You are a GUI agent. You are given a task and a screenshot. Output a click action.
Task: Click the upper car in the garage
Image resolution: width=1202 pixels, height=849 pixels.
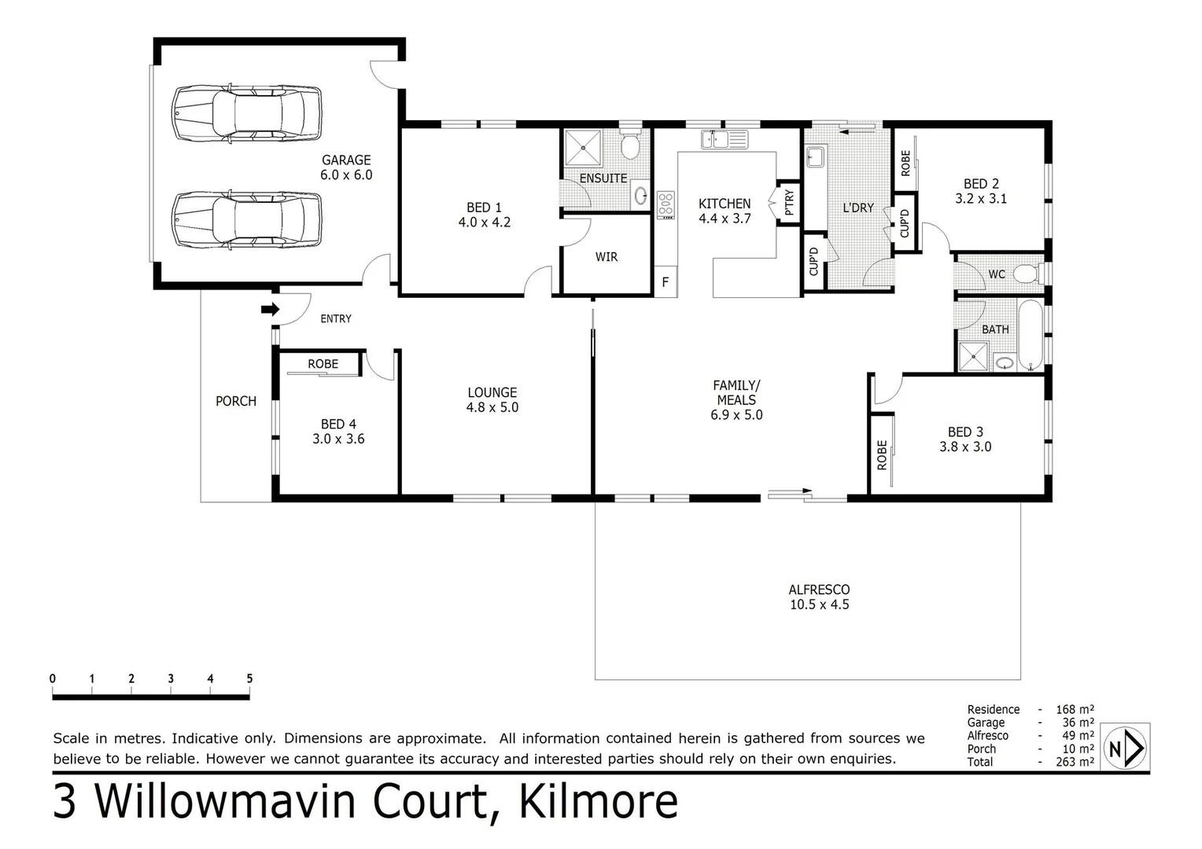(x=246, y=113)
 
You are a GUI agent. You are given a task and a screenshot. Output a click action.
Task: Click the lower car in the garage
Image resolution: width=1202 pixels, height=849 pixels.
(x=246, y=219)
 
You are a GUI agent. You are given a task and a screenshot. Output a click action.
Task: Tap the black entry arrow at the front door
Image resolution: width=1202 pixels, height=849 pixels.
(x=270, y=310)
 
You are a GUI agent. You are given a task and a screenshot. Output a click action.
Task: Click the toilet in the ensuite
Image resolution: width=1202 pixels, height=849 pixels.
(x=629, y=144)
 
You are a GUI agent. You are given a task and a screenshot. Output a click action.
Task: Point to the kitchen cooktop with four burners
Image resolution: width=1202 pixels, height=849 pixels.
(x=666, y=204)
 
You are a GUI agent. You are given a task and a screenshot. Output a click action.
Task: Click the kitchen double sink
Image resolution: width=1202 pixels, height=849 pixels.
(x=725, y=140)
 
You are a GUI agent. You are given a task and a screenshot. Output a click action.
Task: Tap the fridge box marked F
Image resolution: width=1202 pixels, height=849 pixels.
(x=666, y=282)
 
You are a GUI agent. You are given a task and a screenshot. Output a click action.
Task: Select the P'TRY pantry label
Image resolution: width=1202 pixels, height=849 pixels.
(x=789, y=203)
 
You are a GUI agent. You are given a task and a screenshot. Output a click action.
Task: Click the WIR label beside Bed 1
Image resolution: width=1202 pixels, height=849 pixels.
(x=606, y=257)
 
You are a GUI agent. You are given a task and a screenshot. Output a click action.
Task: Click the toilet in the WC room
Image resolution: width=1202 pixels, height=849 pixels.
(x=1026, y=274)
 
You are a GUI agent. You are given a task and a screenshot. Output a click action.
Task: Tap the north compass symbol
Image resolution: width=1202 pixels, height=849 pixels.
(x=1126, y=748)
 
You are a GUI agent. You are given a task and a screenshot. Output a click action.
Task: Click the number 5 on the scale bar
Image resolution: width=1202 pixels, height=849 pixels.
(x=249, y=679)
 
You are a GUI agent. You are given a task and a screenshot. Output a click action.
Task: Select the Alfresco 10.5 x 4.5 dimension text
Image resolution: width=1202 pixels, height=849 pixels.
(x=819, y=605)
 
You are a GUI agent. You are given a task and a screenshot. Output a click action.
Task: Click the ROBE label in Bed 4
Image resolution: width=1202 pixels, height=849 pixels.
(x=323, y=364)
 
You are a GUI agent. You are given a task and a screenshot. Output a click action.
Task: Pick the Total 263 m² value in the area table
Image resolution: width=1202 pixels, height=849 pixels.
(x=1075, y=762)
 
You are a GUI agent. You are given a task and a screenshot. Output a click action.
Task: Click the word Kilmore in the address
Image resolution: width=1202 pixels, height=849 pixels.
(x=597, y=802)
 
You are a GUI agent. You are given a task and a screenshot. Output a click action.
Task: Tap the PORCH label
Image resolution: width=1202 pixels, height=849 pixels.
(x=236, y=401)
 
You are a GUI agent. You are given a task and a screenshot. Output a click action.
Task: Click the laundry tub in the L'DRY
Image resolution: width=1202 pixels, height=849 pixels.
(x=815, y=156)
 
